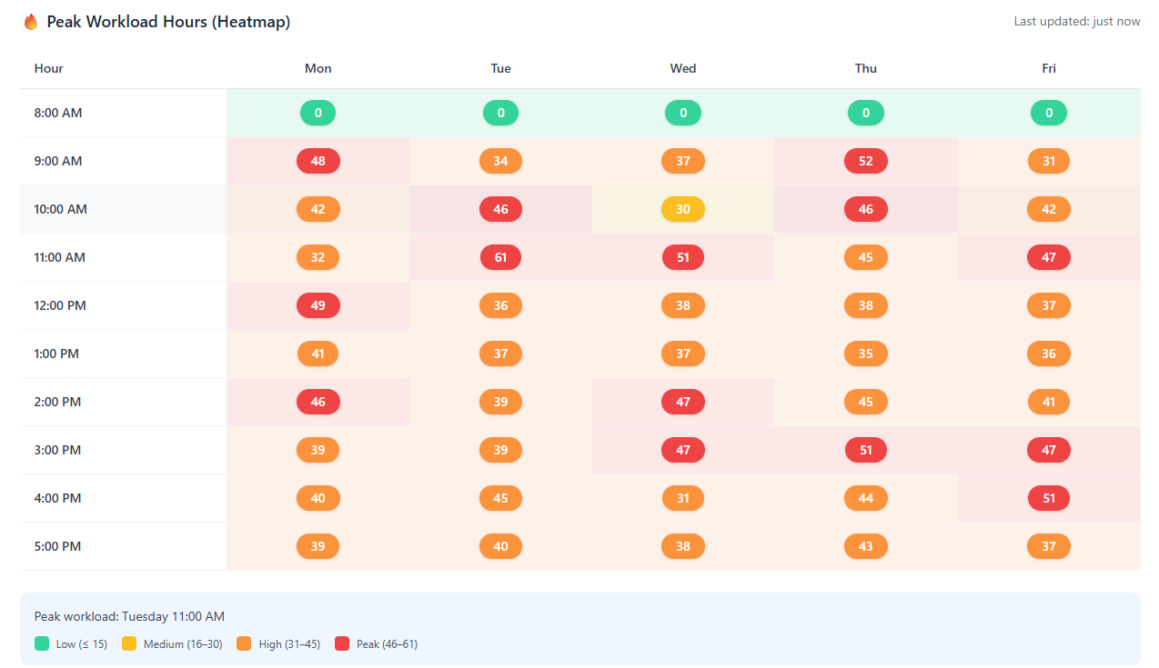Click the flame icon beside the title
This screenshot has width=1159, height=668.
coord(31,22)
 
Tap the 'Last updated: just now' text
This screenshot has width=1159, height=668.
coord(1076,22)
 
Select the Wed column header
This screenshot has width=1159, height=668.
coord(682,68)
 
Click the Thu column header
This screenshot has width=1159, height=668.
coord(865,68)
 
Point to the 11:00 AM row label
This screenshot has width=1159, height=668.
coord(59,257)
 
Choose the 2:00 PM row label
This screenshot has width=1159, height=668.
coord(57,402)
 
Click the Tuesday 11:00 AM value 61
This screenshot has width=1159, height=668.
coord(500,257)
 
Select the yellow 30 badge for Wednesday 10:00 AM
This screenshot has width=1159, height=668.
coord(682,209)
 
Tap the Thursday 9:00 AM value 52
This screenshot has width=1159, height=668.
coord(865,161)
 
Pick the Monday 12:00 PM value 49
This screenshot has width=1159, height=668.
coord(317,305)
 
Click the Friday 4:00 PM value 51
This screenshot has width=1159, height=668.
coord(1048,498)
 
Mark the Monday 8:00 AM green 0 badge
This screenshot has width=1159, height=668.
coord(317,113)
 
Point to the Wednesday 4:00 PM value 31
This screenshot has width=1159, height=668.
coord(682,498)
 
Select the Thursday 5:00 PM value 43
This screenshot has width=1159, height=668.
coord(865,546)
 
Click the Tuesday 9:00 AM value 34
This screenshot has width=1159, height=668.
coord(500,161)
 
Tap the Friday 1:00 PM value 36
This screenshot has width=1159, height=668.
coord(1048,354)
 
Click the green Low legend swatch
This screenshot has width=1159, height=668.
coord(41,643)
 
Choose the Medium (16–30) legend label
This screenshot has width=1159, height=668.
coord(183,644)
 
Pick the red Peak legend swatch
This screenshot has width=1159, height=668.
coord(342,643)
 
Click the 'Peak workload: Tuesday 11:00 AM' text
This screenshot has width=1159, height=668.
coord(129,616)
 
